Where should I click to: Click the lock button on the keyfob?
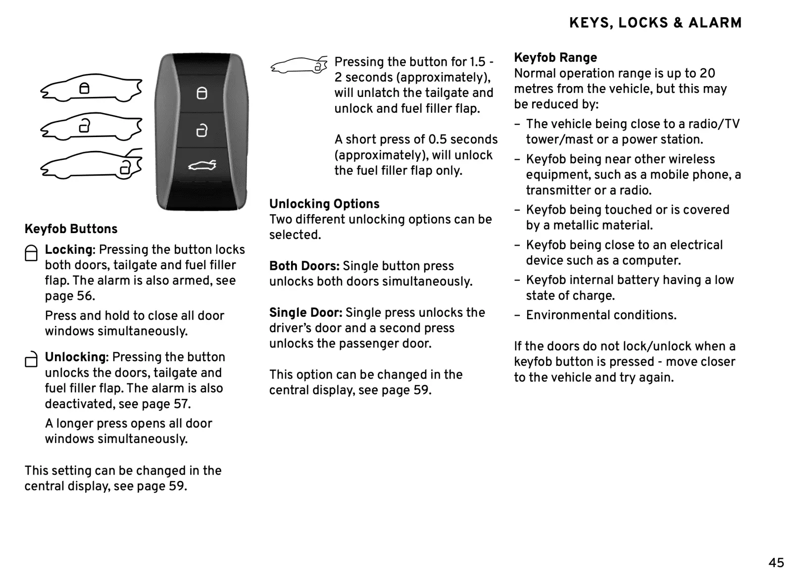[x=202, y=93]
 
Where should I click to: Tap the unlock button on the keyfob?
[x=202, y=130]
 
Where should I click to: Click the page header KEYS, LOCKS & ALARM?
[x=655, y=23]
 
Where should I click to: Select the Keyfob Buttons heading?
[x=71, y=229]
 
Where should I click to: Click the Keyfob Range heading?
[x=555, y=58]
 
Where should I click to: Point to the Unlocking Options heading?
[x=324, y=204]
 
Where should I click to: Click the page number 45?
[x=776, y=563]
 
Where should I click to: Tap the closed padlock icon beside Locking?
[x=31, y=253]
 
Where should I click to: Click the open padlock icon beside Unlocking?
[x=31, y=360]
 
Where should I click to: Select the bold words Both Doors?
[x=304, y=266]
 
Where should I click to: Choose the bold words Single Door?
[x=305, y=313]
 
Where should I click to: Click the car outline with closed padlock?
[x=91, y=88]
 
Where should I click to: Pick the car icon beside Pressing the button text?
[x=299, y=65]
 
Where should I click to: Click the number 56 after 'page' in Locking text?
[x=85, y=296]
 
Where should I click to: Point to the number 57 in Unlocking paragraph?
[x=181, y=404]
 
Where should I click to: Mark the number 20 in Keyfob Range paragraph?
[x=707, y=74]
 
